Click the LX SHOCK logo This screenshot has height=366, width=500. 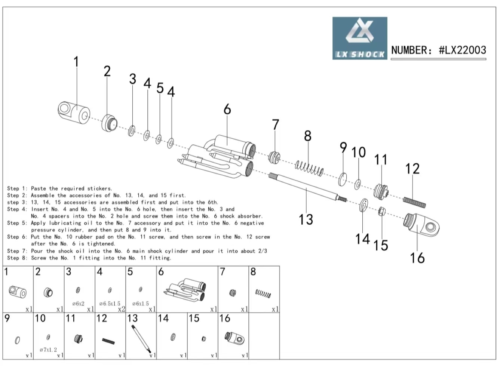359,38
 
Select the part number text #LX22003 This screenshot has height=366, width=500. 462,50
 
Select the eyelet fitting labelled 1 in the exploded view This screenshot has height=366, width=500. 74,111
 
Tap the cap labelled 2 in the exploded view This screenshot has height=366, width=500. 109,122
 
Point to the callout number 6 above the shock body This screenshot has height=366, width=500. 227,109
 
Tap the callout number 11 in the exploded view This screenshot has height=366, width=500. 381,160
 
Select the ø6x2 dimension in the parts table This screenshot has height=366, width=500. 78,304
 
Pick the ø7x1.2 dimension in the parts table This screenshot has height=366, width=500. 48,350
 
